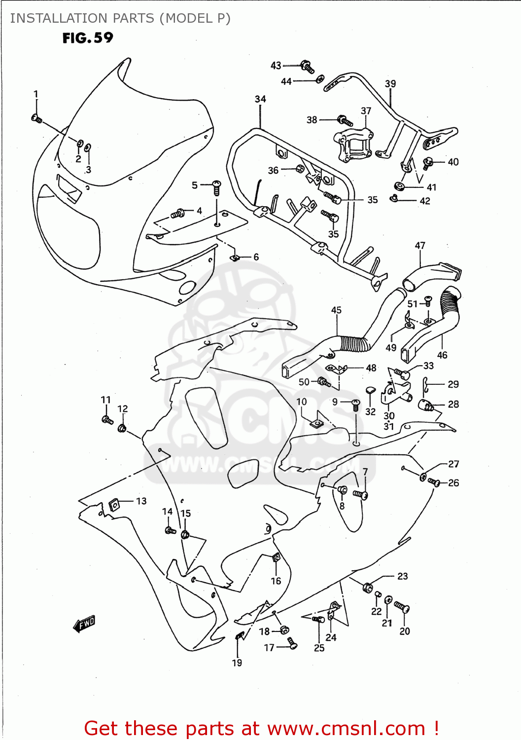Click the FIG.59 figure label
pyautogui.click(x=88, y=38)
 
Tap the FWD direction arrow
pyautogui.click(x=84, y=624)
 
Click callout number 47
pyautogui.click(x=420, y=246)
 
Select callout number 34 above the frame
pyautogui.click(x=260, y=99)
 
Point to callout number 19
pyautogui.click(x=237, y=663)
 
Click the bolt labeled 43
pyautogui.click(x=307, y=66)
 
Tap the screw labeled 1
pyautogui.click(x=36, y=118)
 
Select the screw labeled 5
pyautogui.click(x=216, y=186)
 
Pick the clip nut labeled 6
pyautogui.click(x=236, y=258)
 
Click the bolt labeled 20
pyautogui.click(x=402, y=607)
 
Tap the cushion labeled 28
pyautogui.click(x=426, y=406)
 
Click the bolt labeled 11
pyautogui.click(x=107, y=420)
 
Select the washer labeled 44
pyautogui.click(x=320, y=79)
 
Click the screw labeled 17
pyautogui.click(x=292, y=643)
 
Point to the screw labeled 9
pyautogui.click(x=356, y=405)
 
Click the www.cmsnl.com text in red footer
pyautogui.click(x=346, y=729)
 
